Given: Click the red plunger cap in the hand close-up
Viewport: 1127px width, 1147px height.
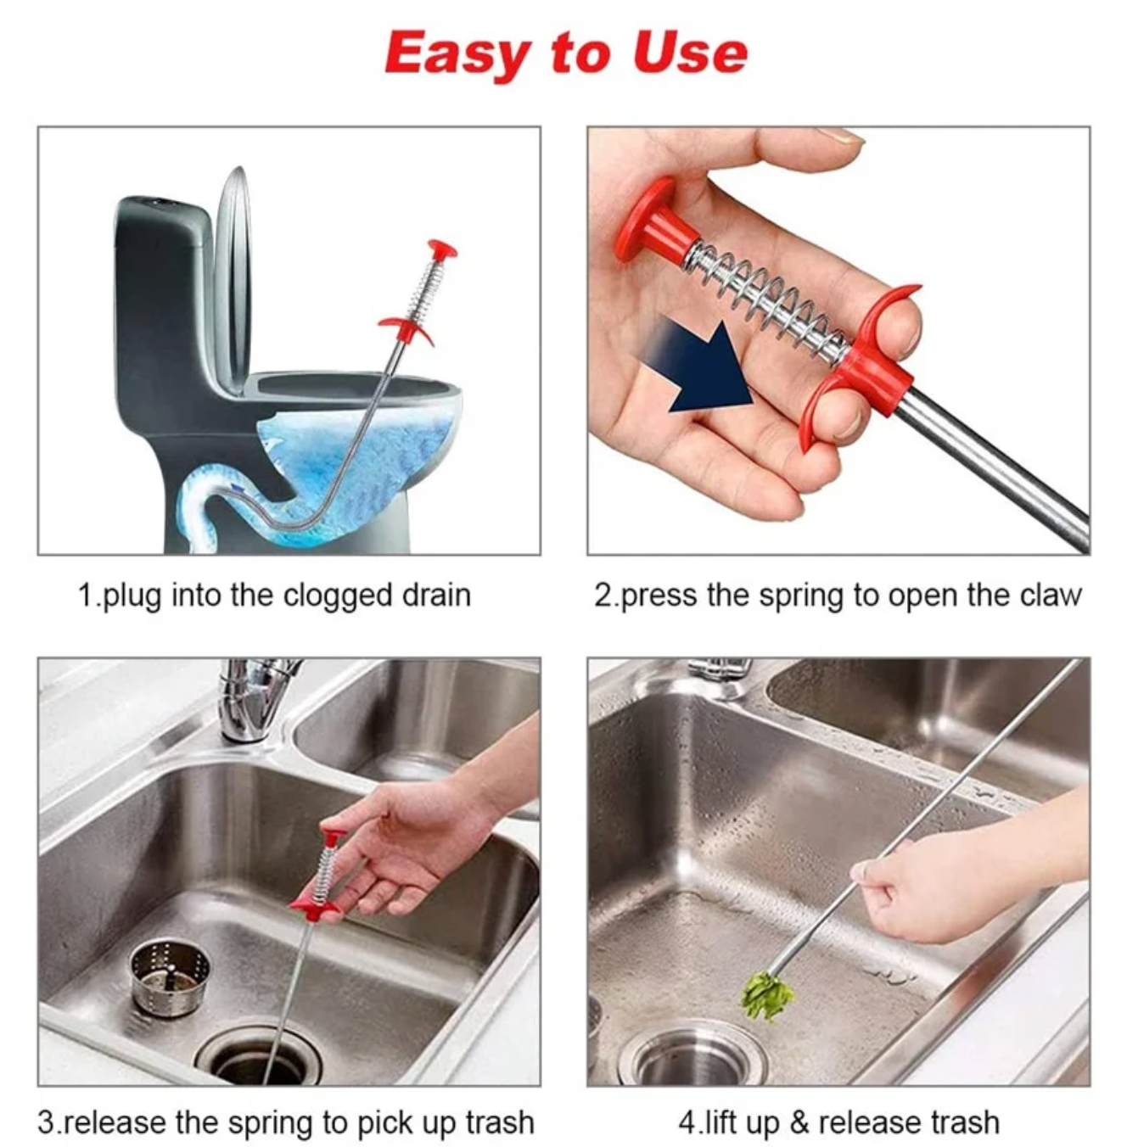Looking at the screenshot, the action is tap(655, 221).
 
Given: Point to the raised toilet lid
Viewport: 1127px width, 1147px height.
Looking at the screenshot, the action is tap(233, 280).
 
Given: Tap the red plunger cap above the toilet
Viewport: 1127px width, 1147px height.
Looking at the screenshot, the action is tap(442, 248).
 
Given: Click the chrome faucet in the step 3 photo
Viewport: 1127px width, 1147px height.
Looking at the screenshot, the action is tap(253, 700).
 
